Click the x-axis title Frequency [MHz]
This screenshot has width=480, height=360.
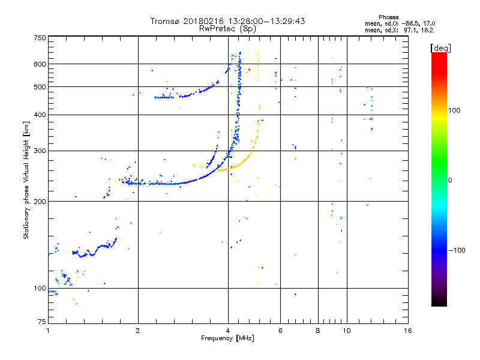tap(228, 338)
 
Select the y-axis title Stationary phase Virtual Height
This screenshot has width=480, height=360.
tap(26, 180)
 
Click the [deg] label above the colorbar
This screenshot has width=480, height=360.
tap(441, 47)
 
